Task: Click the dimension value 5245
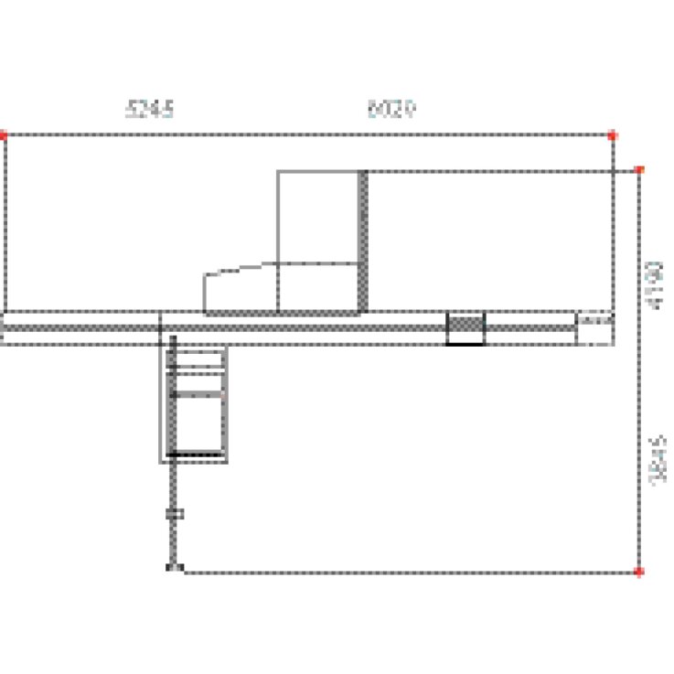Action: (x=150, y=110)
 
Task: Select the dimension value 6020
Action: (x=391, y=110)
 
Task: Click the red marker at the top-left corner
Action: (x=5, y=135)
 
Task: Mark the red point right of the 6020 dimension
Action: (x=612, y=135)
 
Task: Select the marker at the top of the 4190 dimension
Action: (x=639, y=170)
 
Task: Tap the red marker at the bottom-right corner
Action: (x=639, y=572)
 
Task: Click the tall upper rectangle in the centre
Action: (x=317, y=216)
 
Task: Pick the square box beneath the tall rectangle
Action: (x=317, y=287)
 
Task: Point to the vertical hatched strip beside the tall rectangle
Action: (x=363, y=240)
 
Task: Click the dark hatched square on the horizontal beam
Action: (x=465, y=326)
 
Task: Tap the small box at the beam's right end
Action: (x=594, y=328)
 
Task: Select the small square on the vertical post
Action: (x=174, y=514)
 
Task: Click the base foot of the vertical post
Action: (x=174, y=569)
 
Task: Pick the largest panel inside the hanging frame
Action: (x=198, y=425)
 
